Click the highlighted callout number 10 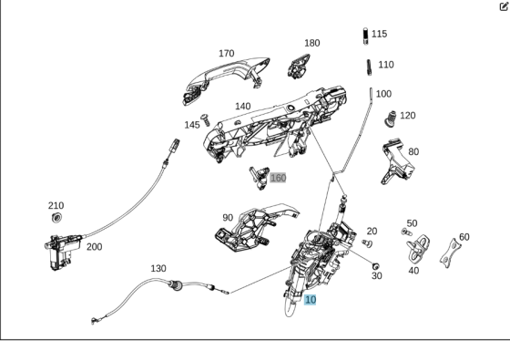coord(311,299)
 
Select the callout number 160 coord(278,178)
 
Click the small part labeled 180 coord(300,66)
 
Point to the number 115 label coord(379,34)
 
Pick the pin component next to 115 coord(364,35)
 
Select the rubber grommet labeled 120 coord(390,119)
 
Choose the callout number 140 coord(242,107)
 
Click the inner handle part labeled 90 coord(250,228)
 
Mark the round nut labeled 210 coord(57,221)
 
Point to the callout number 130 coord(158,268)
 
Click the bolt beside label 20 coord(367,243)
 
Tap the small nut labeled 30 coord(375,264)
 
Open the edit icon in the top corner coord(503,6)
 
